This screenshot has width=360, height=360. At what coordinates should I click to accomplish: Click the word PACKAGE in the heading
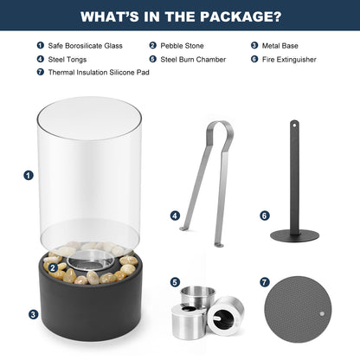pos(240,16)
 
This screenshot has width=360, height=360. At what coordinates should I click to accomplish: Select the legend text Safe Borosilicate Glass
pos(85,46)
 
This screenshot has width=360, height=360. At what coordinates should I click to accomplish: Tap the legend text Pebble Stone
pos(182,46)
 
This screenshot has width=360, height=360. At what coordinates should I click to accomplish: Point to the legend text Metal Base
pos(280,46)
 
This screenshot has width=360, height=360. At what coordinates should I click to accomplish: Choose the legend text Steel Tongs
pos(67,60)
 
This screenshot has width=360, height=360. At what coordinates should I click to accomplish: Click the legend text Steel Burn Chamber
pos(193,60)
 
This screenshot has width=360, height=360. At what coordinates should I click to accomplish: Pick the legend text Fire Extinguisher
pos(289,60)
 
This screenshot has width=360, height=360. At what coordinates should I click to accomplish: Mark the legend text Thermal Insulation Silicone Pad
pos(99,72)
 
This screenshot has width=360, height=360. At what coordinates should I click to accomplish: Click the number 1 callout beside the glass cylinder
pos(29,176)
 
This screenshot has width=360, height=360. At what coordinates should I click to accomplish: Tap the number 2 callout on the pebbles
pos(52,268)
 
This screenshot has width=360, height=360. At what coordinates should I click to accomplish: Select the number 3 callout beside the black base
pos(34,314)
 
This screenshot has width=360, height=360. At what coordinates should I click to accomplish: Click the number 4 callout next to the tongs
pos(175,215)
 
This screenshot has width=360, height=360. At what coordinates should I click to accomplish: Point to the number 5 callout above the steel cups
pos(175,282)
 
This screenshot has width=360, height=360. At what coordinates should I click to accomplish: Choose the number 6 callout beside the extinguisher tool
pos(265,215)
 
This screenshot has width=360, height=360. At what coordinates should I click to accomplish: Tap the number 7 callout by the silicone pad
pos(265,282)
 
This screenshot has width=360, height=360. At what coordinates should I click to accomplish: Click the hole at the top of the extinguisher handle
pos(294,125)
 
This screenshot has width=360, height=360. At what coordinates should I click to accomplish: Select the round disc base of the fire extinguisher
pos(294,235)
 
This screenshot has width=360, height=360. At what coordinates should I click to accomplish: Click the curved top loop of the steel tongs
pos(221,129)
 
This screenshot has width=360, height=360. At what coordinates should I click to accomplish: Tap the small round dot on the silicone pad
pos(322,313)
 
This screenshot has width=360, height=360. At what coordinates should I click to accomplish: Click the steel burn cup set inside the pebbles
pos(90,260)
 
